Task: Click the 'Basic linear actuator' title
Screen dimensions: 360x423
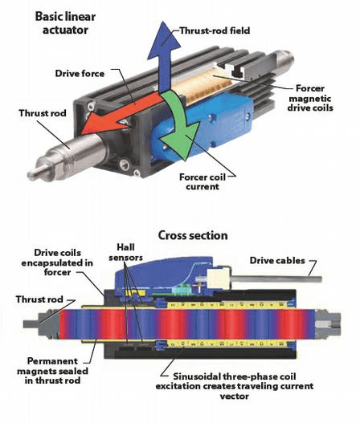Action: (x=65, y=23)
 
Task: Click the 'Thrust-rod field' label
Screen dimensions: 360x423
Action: (x=215, y=31)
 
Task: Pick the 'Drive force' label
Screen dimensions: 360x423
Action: (x=80, y=74)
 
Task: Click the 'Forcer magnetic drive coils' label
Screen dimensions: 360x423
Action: (x=310, y=98)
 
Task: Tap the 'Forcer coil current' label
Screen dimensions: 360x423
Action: (x=202, y=182)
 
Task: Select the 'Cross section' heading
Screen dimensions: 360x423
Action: (x=193, y=235)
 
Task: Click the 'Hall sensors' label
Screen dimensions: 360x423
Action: (x=126, y=252)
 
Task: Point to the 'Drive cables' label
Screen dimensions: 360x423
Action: (x=277, y=261)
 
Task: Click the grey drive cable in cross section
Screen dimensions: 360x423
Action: (x=276, y=279)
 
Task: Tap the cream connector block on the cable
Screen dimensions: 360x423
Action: (x=219, y=279)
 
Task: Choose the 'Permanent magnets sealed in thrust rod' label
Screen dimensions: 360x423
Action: (x=53, y=371)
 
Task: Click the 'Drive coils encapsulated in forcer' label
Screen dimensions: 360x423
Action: (x=57, y=262)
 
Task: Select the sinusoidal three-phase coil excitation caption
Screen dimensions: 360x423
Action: (x=235, y=386)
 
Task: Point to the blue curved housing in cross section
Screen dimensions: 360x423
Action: (x=164, y=272)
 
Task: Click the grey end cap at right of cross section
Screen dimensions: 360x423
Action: (x=328, y=323)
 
